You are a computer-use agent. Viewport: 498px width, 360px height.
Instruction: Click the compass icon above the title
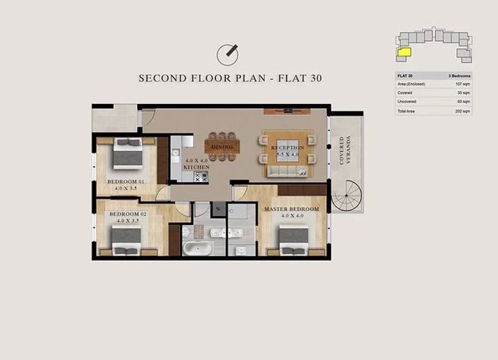(x=227, y=53)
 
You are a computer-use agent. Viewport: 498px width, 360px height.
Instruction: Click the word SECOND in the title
(x=162, y=78)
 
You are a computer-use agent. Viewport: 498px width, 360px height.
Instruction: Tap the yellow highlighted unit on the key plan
(x=404, y=51)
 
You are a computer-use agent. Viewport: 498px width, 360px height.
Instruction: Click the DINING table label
(x=222, y=147)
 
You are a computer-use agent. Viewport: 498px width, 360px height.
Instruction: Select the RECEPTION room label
(x=287, y=148)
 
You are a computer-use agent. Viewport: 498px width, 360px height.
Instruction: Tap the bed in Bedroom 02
(x=127, y=238)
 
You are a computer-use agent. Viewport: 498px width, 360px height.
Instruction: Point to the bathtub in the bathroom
(x=195, y=248)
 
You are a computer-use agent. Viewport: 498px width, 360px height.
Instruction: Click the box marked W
(x=218, y=209)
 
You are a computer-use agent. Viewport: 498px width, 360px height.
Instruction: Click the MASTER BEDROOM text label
(x=291, y=210)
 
